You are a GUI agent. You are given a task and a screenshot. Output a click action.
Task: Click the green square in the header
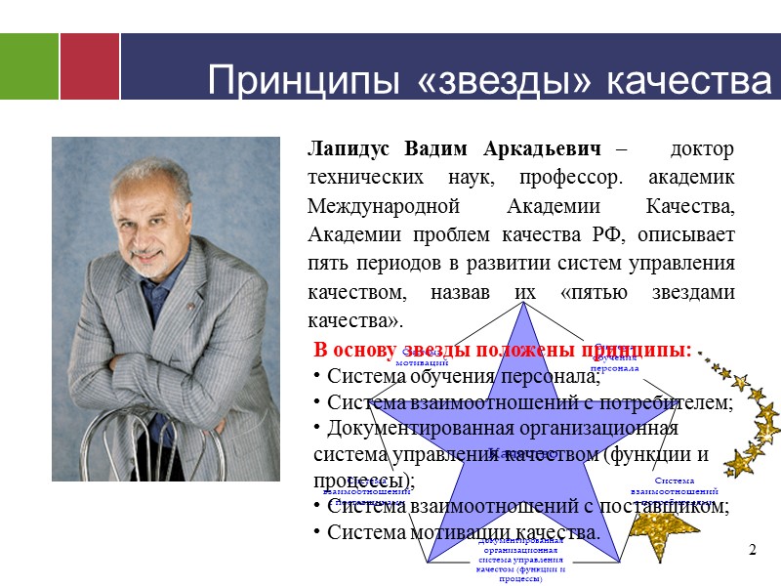[28, 65]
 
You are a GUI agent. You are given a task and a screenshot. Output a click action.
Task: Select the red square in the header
[90, 65]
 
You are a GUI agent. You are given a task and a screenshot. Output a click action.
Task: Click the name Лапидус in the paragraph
[348, 150]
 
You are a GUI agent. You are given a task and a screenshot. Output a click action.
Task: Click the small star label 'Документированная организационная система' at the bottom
[521, 557]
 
